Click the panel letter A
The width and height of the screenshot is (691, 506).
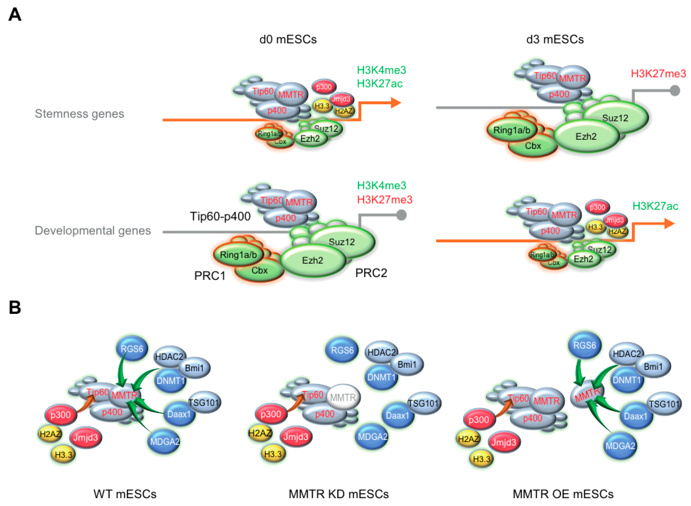point(15,14)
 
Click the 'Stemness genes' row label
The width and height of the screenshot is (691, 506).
point(79,114)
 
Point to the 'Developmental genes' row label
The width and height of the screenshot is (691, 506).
point(93,230)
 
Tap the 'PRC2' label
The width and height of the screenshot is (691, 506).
point(371,273)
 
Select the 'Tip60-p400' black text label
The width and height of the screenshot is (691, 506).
point(220,216)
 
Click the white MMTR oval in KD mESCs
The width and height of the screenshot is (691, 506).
point(343,397)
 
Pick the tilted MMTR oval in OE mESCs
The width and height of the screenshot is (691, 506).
point(587,394)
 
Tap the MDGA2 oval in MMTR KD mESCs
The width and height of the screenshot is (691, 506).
point(372,436)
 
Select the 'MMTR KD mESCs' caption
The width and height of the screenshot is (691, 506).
point(338,494)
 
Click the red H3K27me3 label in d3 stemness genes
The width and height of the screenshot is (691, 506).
point(658,73)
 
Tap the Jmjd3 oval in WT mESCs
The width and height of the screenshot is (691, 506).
point(85,437)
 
